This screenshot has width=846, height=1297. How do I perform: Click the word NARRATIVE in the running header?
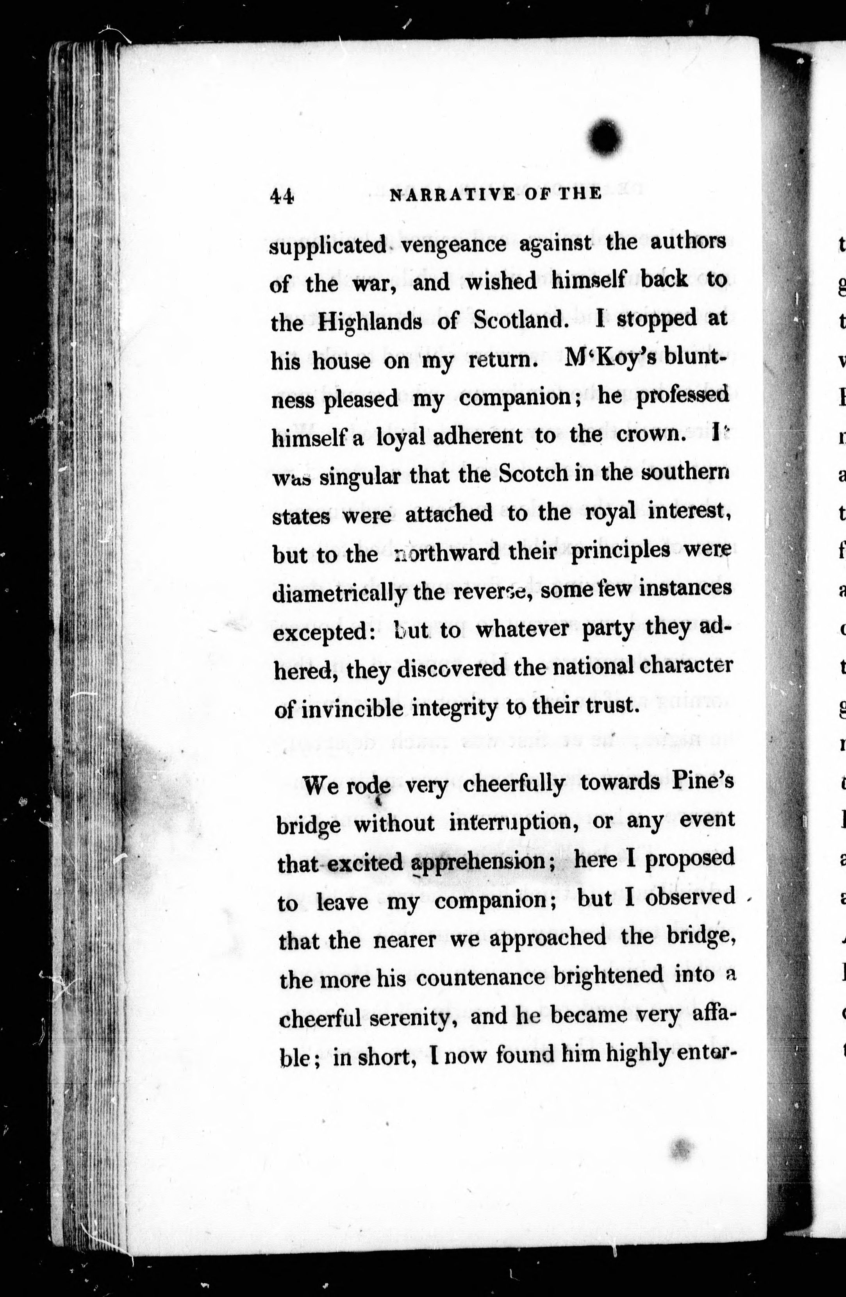452,195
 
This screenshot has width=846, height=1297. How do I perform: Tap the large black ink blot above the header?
605,138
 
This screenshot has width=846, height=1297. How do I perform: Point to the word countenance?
480,977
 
